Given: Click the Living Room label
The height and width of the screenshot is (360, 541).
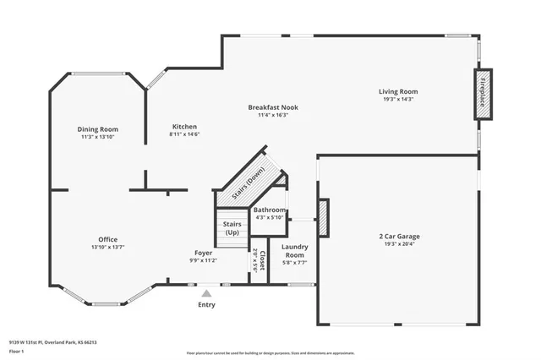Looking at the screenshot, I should (x=397, y=91).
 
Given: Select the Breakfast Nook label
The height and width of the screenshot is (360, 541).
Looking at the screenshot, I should (x=272, y=107).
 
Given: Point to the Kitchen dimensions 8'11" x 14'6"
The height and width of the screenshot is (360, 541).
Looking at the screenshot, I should (x=184, y=134).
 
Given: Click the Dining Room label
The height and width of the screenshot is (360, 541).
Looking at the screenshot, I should (x=99, y=129).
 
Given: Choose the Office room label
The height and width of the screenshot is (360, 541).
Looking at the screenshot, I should (x=107, y=239).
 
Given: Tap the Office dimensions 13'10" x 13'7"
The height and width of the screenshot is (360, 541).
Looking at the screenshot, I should (x=107, y=247).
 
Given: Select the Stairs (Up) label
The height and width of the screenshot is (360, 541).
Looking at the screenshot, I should (x=232, y=227).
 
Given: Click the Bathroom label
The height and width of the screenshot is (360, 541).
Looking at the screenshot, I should (x=270, y=210).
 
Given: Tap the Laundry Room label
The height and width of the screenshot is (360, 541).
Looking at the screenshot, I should (x=294, y=250).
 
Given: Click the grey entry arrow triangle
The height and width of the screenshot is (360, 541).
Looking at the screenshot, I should (x=205, y=292).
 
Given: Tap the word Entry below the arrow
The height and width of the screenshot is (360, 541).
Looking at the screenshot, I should (x=206, y=304).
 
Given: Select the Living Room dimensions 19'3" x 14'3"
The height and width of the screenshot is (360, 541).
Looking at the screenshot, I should (x=397, y=99).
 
